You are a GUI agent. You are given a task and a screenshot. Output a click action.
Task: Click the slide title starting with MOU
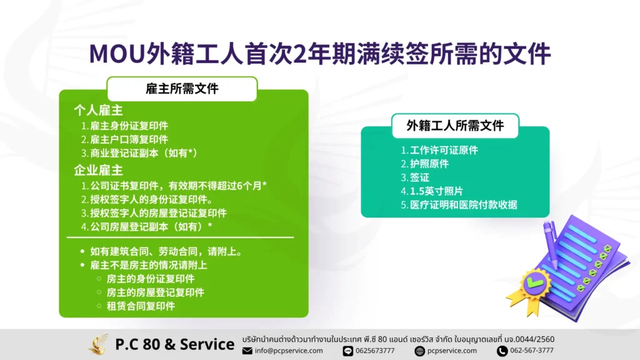[320, 54]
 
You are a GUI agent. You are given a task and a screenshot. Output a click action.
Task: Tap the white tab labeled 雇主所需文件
[182, 89]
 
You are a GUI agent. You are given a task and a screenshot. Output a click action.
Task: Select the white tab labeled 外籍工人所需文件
[455, 126]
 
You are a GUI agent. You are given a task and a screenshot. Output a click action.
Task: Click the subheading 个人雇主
[98, 110]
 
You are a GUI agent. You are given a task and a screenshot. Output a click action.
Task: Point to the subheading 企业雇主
[98, 170]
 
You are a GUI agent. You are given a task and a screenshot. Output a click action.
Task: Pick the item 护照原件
[424, 164]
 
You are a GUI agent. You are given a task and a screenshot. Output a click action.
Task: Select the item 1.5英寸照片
[432, 191]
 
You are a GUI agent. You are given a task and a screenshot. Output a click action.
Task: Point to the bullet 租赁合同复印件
[141, 306]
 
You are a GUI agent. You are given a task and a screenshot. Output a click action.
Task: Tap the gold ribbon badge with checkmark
[531, 290]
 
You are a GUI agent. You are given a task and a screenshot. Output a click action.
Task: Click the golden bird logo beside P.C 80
[98, 344]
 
